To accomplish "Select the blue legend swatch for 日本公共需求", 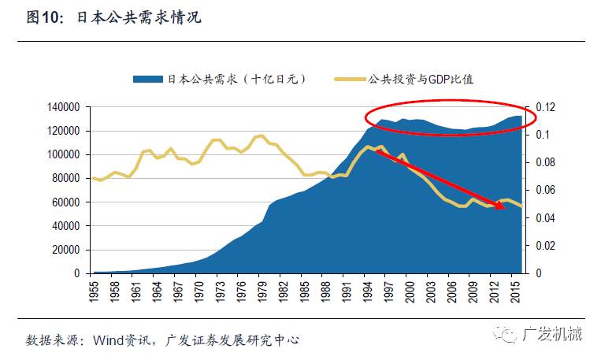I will click(147, 79).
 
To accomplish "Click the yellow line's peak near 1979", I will click(262, 135).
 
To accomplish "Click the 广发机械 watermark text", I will click(552, 336).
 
